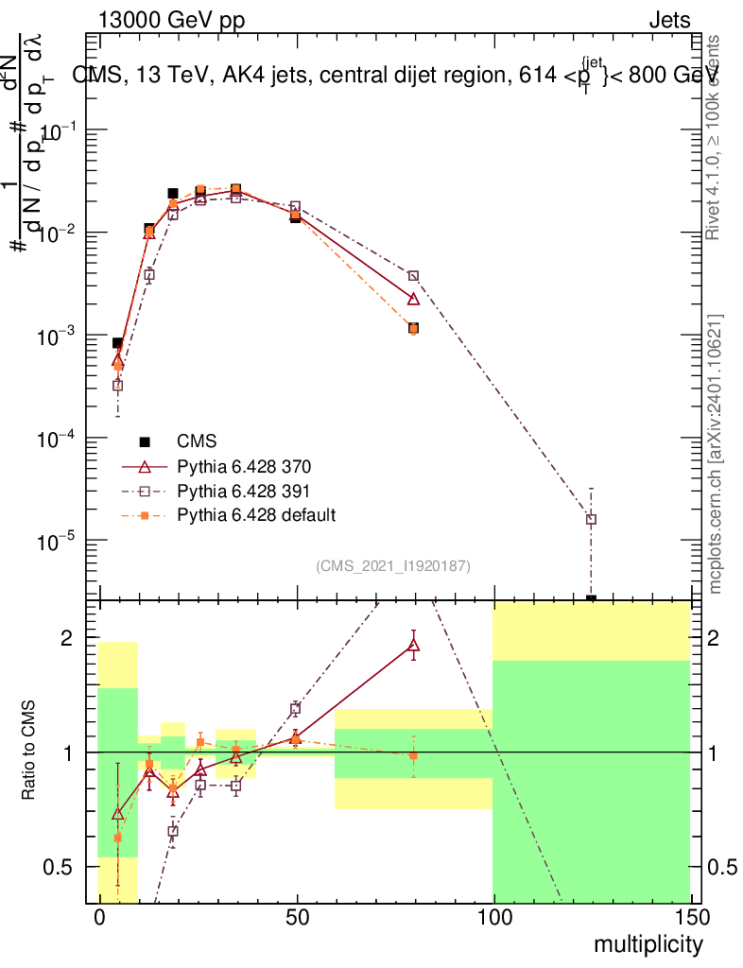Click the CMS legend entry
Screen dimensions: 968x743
(x=197, y=441)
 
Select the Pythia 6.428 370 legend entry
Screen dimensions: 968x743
(x=243, y=466)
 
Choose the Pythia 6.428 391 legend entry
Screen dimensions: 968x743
(x=243, y=491)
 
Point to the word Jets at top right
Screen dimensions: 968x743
(x=668, y=21)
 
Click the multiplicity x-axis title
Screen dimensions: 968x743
(x=648, y=944)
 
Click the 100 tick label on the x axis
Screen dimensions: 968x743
(x=492, y=919)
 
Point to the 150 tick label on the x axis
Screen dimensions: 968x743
(x=690, y=919)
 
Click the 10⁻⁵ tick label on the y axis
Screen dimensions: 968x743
(x=60, y=542)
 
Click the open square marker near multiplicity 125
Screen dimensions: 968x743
(x=591, y=519)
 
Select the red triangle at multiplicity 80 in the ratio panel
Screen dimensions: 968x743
(x=413, y=646)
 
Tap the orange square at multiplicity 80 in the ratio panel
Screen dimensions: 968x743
(x=413, y=756)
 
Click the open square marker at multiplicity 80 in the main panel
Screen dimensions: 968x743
(x=413, y=276)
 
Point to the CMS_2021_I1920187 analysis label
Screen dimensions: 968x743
(x=393, y=565)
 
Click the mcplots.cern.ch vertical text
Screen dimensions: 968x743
(x=716, y=454)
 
